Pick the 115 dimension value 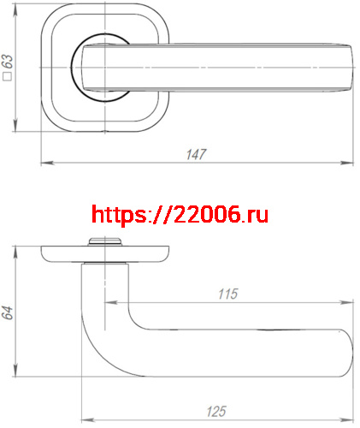click(227, 294)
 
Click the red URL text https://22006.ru click(180, 214)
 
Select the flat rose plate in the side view click(104, 253)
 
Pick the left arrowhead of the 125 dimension click(84, 419)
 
